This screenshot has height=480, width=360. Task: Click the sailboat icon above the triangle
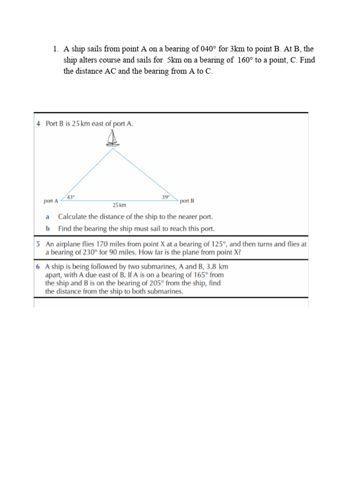(112, 139)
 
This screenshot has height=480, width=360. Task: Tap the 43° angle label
(71, 197)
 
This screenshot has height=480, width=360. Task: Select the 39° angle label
(166, 197)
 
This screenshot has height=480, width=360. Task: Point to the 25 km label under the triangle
(119, 205)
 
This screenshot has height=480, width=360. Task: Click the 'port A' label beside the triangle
(51, 201)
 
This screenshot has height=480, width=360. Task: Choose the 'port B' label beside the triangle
(187, 201)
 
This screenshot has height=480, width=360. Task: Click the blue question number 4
(38, 124)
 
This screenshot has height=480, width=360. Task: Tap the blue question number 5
(38, 244)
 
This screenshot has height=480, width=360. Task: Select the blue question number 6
(38, 266)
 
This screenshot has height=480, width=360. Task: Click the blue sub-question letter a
(47, 217)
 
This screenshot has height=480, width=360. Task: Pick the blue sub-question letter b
(47, 229)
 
